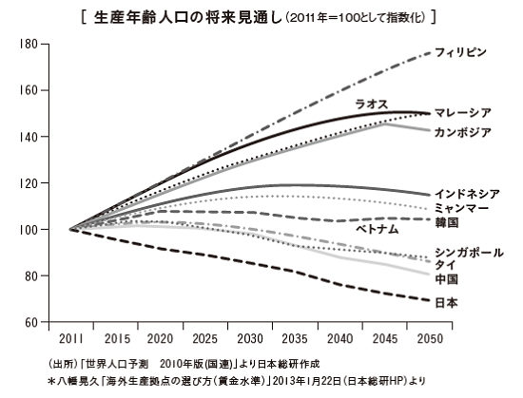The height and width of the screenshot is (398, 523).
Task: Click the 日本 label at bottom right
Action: point(446,303)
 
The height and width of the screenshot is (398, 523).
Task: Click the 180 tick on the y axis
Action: point(28,45)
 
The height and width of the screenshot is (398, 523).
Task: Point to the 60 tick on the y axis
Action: point(30,322)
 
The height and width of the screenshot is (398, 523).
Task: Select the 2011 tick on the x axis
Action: point(71,338)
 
